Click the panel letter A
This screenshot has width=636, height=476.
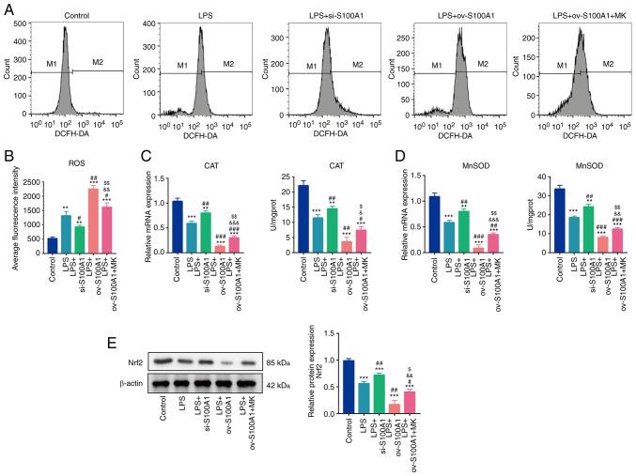[8, 8]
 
